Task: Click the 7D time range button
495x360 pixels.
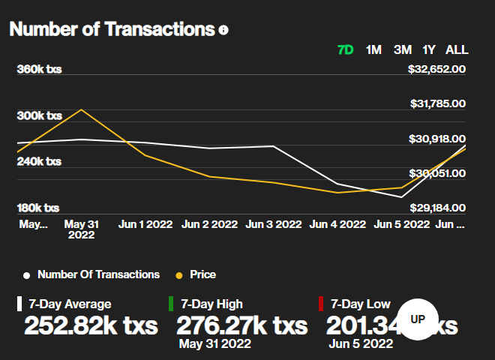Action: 346,50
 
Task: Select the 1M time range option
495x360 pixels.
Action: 373,50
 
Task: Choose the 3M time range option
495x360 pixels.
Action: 403,50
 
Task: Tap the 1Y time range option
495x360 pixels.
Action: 429,50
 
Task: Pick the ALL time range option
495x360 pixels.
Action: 457,50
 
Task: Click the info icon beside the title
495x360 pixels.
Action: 223,31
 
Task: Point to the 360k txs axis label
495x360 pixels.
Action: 39,70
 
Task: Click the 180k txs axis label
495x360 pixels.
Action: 39,208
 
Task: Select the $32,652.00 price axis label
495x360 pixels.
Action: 437,70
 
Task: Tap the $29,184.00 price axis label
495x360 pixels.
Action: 437,208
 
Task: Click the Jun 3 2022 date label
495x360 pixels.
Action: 274,223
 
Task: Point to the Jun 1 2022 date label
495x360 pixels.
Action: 145,223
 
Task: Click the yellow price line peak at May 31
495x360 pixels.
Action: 81,109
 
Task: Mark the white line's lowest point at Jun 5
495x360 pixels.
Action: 402,197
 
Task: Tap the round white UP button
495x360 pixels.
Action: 418,319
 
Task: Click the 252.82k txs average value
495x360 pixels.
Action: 91,326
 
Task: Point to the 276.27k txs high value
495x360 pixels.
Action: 241,326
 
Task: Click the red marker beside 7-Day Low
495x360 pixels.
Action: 321,304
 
